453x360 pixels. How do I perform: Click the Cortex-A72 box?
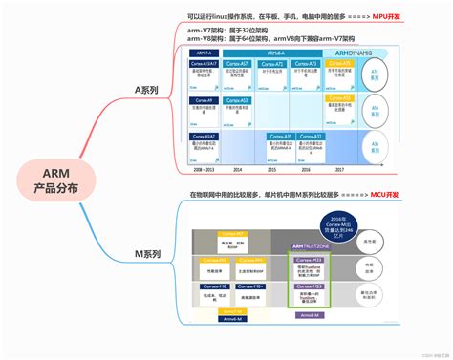tap(273, 64)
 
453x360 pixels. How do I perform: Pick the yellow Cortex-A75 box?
tap(342, 64)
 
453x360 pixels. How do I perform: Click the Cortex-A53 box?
tap(238, 100)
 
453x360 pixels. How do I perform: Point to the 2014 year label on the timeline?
tap(238, 168)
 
